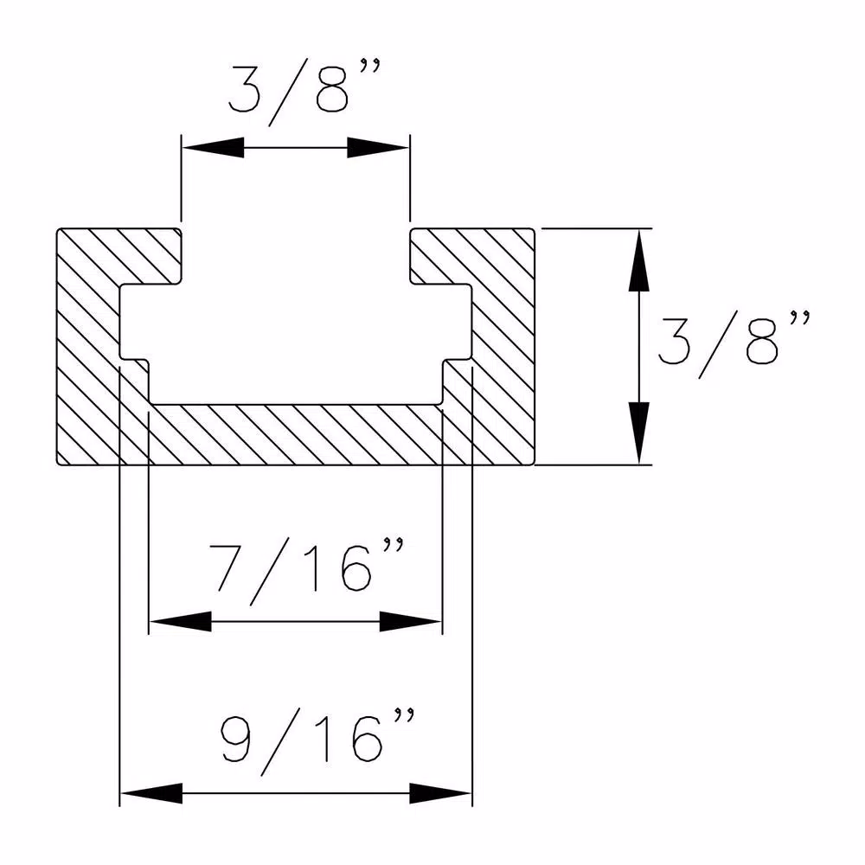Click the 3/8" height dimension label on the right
pyautogui.click(x=731, y=346)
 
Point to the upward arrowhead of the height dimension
pyautogui.click(x=639, y=259)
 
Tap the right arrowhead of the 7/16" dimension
pyautogui.click(x=412, y=621)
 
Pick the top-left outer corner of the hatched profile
pyautogui.click(x=58, y=230)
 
